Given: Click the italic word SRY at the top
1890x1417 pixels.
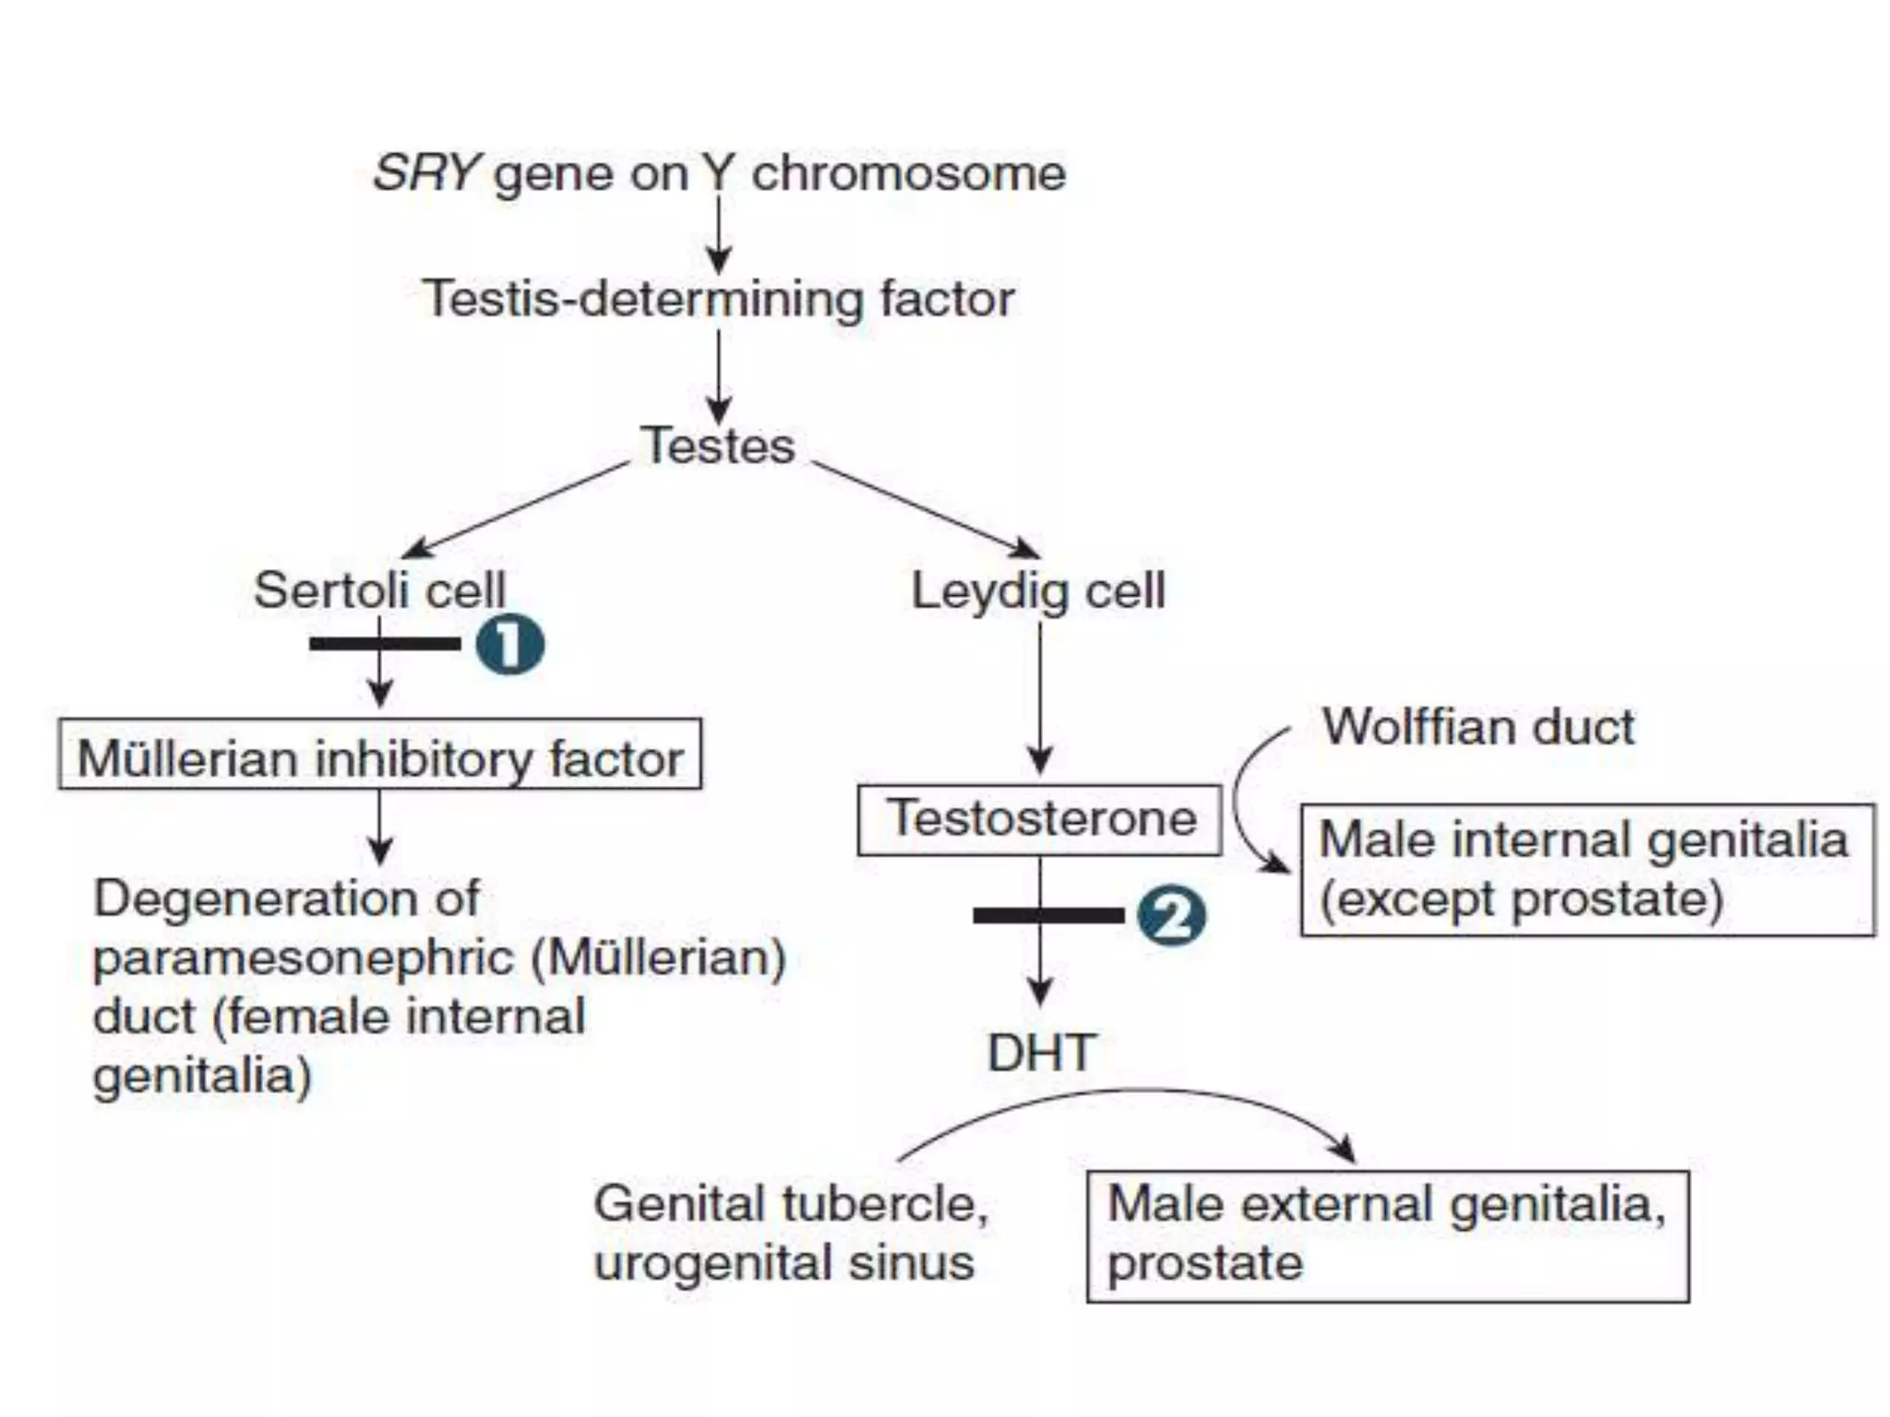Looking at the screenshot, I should [426, 173].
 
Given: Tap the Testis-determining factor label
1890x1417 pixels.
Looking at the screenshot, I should [718, 299].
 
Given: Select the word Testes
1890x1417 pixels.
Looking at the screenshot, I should [718, 446].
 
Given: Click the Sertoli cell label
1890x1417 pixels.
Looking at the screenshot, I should [379, 589].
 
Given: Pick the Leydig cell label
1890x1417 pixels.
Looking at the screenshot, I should [1038, 590].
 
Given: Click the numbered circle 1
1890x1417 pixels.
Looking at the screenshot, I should [510, 644].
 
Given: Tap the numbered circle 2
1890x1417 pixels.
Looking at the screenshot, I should [1171, 916].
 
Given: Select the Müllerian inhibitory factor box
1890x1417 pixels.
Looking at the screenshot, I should [379, 755].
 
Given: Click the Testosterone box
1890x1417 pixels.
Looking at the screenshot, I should [1039, 820].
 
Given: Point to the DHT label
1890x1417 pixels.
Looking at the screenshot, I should [1041, 1053].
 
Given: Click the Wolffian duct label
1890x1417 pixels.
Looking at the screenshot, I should [1478, 727].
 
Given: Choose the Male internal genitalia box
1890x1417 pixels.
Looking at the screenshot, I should [1587, 870].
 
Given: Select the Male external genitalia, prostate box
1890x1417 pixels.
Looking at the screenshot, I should [1387, 1236].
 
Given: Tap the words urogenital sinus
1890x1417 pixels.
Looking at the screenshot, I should [784, 1262].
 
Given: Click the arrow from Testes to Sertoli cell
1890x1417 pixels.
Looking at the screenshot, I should [517, 509].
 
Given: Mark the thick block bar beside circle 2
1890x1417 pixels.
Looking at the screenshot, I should [1048, 915].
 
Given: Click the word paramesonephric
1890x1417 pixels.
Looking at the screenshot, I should [304, 958].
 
